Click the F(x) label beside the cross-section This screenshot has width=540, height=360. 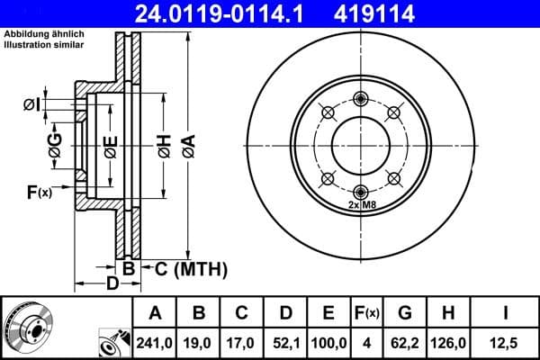pos(39,192)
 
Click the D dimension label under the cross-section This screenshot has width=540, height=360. pos(112,284)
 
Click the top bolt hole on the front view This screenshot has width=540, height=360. pos(361,99)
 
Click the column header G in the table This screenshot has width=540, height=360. pos(405,313)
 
